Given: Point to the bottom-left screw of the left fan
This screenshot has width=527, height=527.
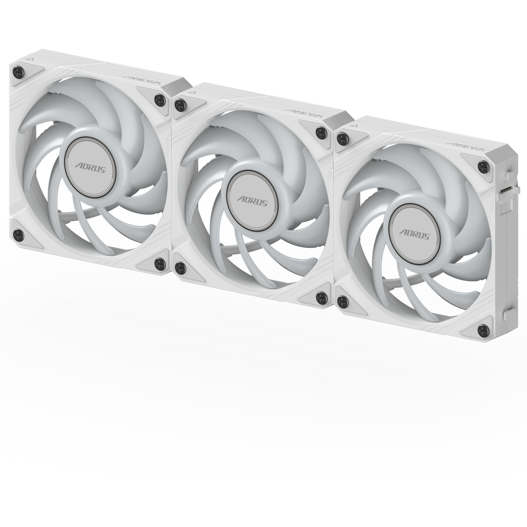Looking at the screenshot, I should coord(18,234).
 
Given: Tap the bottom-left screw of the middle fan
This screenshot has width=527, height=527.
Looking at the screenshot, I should coord(180,266).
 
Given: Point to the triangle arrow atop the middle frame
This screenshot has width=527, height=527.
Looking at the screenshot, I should coord(193,92).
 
